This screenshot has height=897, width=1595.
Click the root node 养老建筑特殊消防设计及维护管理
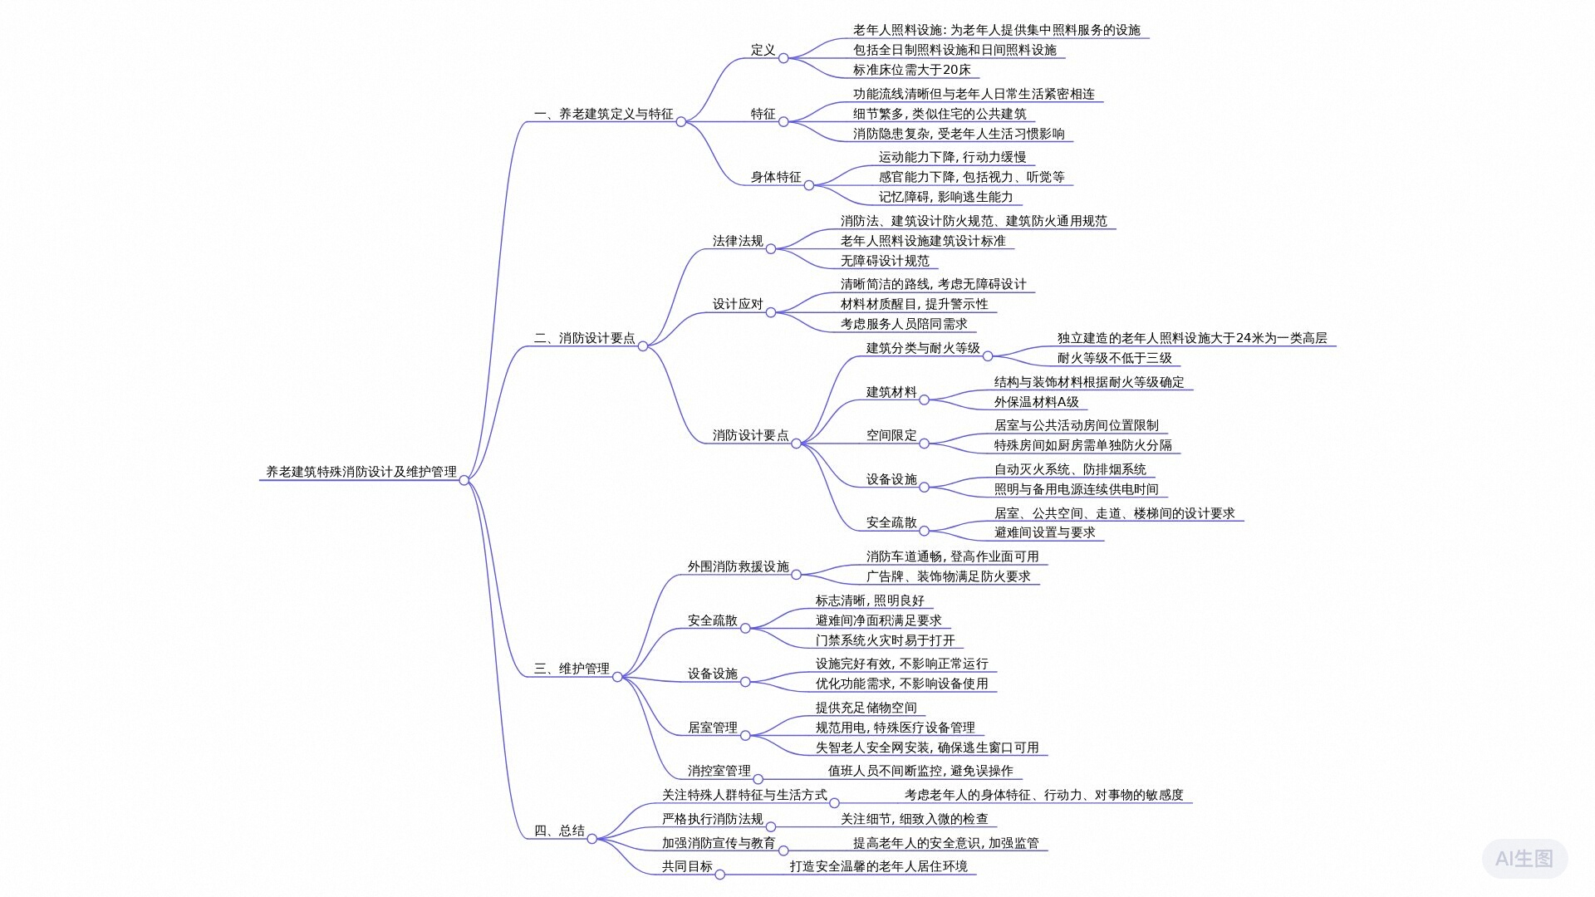pyautogui.click(x=361, y=472)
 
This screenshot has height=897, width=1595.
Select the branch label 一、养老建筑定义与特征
pyautogui.click(x=603, y=114)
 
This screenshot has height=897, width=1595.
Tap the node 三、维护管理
pyautogui.click(x=572, y=669)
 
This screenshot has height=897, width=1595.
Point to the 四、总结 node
pyautogui.click(x=559, y=831)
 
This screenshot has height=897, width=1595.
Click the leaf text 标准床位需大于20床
pyautogui.click(x=911, y=70)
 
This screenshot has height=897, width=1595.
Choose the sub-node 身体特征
pyautogui.click(x=776, y=177)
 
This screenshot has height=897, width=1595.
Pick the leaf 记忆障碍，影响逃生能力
pyautogui.click(x=945, y=197)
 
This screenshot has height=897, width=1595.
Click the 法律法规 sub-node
pyautogui.click(x=737, y=241)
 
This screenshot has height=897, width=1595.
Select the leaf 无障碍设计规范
pyautogui.click(x=885, y=261)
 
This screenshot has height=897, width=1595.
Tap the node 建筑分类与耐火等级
pyautogui.click(x=922, y=348)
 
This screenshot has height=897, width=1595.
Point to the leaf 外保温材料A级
pyautogui.click(x=1036, y=402)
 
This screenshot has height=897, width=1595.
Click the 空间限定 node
pyautogui.click(x=891, y=435)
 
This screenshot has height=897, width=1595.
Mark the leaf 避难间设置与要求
pyautogui.click(x=1044, y=532)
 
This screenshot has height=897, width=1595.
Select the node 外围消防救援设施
pyautogui.click(x=738, y=566)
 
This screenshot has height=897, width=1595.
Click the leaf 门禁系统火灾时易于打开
pyautogui.click(x=885, y=640)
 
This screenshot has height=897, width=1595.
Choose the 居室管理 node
pyautogui.click(x=712, y=728)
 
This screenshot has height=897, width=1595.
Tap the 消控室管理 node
pyautogui.click(x=719, y=771)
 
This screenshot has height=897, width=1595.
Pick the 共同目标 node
pyautogui.click(x=687, y=866)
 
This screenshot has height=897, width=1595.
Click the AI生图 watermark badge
pyautogui.click(x=1524, y=859)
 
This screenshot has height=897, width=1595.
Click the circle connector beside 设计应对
pyautogui.click(x=770, y=312)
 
